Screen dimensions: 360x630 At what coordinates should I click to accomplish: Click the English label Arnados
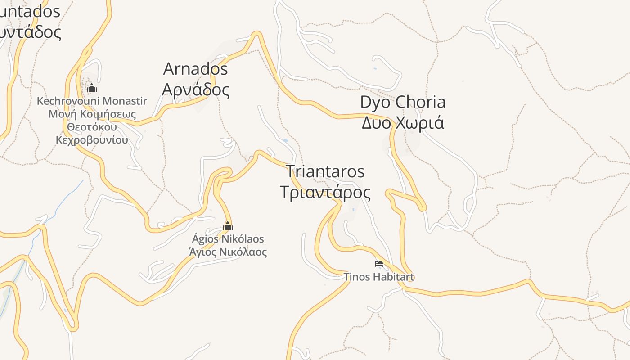click(195, 69)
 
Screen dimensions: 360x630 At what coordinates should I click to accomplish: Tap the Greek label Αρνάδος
click(195, 90)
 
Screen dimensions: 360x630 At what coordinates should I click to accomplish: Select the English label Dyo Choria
click(403, 102)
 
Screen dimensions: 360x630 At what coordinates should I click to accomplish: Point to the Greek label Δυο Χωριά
click(403, 122)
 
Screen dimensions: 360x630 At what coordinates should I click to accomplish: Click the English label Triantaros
click(325, 171)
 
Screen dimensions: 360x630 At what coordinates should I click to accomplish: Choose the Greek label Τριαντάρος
click(325, 192)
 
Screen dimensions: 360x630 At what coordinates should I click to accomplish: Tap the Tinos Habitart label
click(378, 277)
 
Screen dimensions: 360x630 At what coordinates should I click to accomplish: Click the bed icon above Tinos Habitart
click(379, 263)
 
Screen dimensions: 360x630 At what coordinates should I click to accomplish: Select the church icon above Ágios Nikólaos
click(228, 225)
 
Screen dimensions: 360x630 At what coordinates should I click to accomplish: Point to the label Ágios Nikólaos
click(228, 239)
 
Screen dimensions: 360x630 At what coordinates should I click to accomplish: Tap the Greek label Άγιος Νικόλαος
click(228, 252)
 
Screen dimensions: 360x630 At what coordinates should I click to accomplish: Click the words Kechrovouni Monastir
click(92, 101)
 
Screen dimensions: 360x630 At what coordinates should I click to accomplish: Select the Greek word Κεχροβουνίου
click(92, 140)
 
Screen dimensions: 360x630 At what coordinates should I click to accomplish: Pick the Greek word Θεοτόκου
click(92, 127)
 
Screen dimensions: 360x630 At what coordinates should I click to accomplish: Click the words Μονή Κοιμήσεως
click(92, 114)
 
